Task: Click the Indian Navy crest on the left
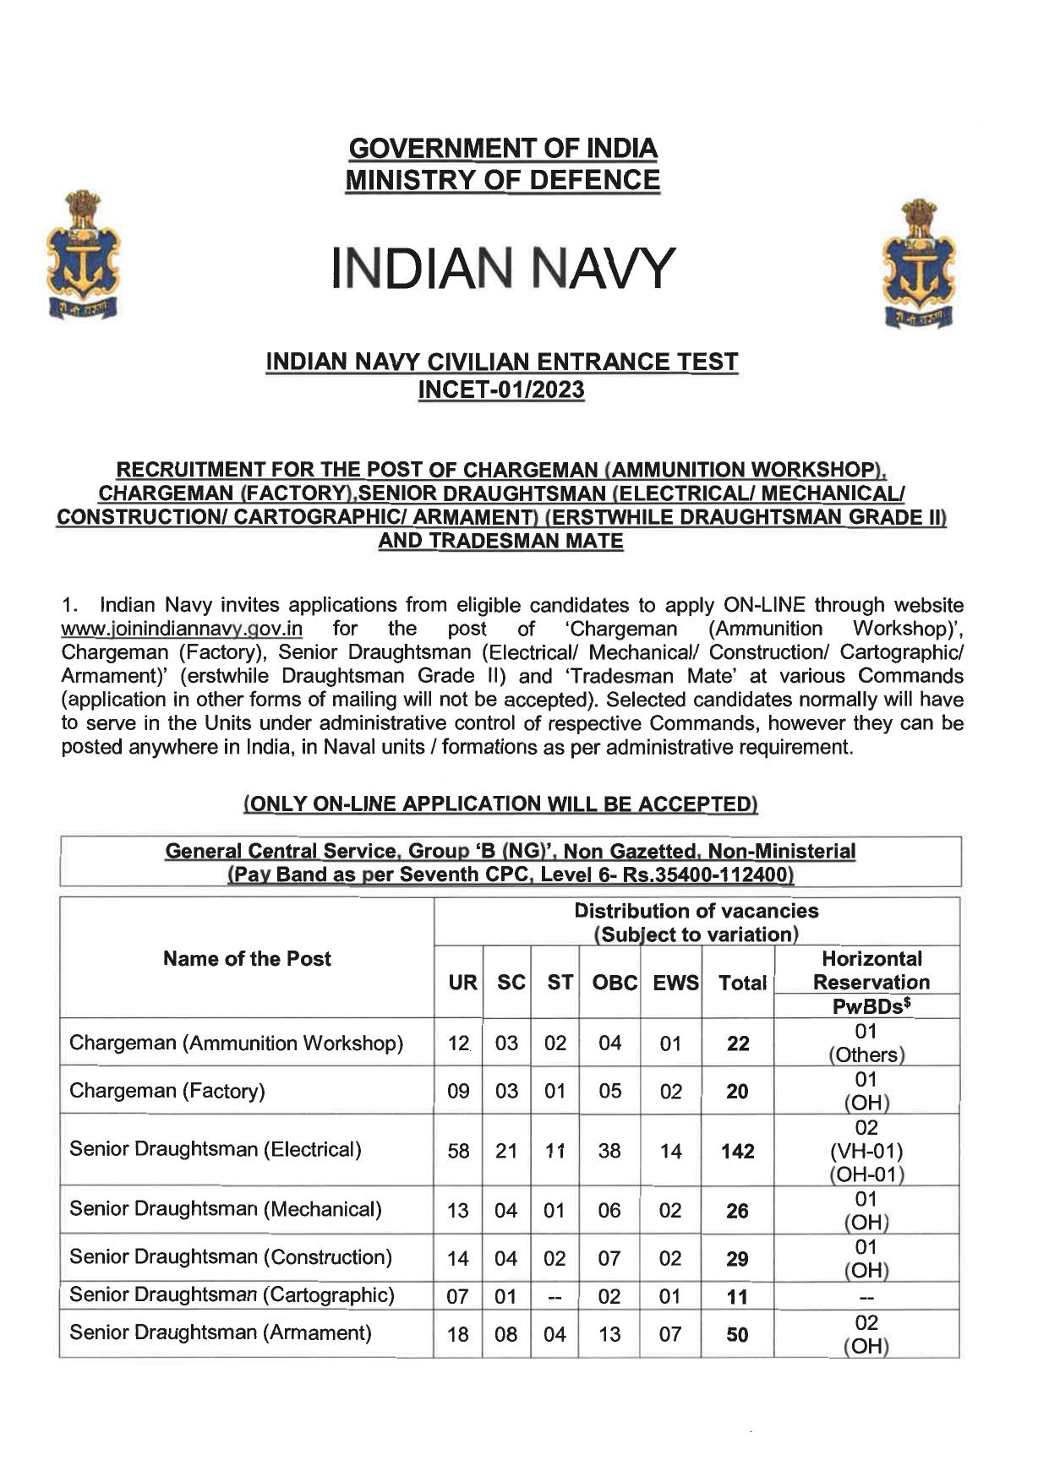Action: coord(83,254)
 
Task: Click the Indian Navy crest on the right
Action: coord(917,263)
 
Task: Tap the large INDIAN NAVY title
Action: coord(503,269)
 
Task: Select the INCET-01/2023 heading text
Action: coord(502,390)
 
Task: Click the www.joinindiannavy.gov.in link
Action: coord(182,629)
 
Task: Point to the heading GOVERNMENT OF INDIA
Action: coord(503,149)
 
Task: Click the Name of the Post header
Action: coord(247,959)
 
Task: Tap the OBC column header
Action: coord(609,983)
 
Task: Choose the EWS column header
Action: coord(670,983)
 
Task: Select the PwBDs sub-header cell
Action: coord(871,1006)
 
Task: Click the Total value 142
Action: coord(738,1151)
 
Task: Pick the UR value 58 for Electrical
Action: coord(458,1151)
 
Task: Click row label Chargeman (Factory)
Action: coord(167,1091)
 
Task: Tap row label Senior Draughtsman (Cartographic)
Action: coord(232,1295)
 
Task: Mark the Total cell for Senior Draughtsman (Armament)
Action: coord(738,1334)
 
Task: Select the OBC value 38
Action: coord(609,1151)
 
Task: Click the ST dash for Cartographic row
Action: coord(555,1296)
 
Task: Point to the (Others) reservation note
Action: coord(866,1054)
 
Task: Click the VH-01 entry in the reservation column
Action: coord(866,1152)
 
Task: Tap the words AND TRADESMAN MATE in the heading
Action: coord(500,541)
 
